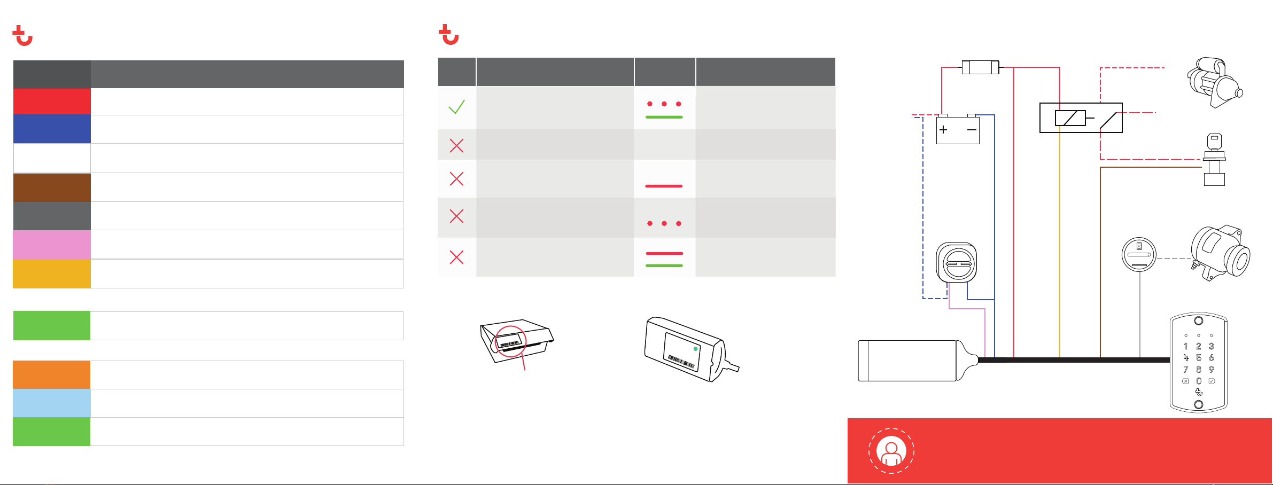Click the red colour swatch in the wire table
tap(52, 101)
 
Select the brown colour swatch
tap(52, 187)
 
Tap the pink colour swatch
tap(52, 245)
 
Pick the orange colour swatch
tap(52, 375)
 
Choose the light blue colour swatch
tap(52, 403)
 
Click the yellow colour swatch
tap(52, 274)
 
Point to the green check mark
tap(456, 107)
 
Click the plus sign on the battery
tap(943, 130)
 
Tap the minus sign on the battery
tap(972, 130)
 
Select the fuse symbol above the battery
tap(980, 67)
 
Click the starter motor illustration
tap(1215, 83)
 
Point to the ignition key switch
tap(1214, 159)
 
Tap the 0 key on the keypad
tap(1199, 381)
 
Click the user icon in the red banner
tap(891, 451)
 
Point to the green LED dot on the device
tap(695, 349)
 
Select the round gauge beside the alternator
tap(1139, 254)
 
